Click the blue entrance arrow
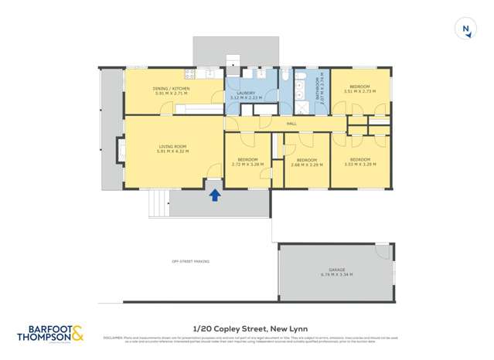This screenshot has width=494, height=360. point(215,195)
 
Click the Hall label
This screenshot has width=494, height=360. point(291,123)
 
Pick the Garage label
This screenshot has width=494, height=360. point(336,272)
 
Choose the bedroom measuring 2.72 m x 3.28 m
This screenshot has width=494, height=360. point(247,161)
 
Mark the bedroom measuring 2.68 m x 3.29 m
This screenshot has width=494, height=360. point(306,161)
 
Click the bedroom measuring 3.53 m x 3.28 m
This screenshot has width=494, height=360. point(359,161)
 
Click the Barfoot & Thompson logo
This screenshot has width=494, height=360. point(49,333)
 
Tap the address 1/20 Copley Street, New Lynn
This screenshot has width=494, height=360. point(246,327)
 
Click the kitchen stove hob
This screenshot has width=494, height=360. point(189,75)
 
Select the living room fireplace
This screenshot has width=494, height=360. point(121,149)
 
